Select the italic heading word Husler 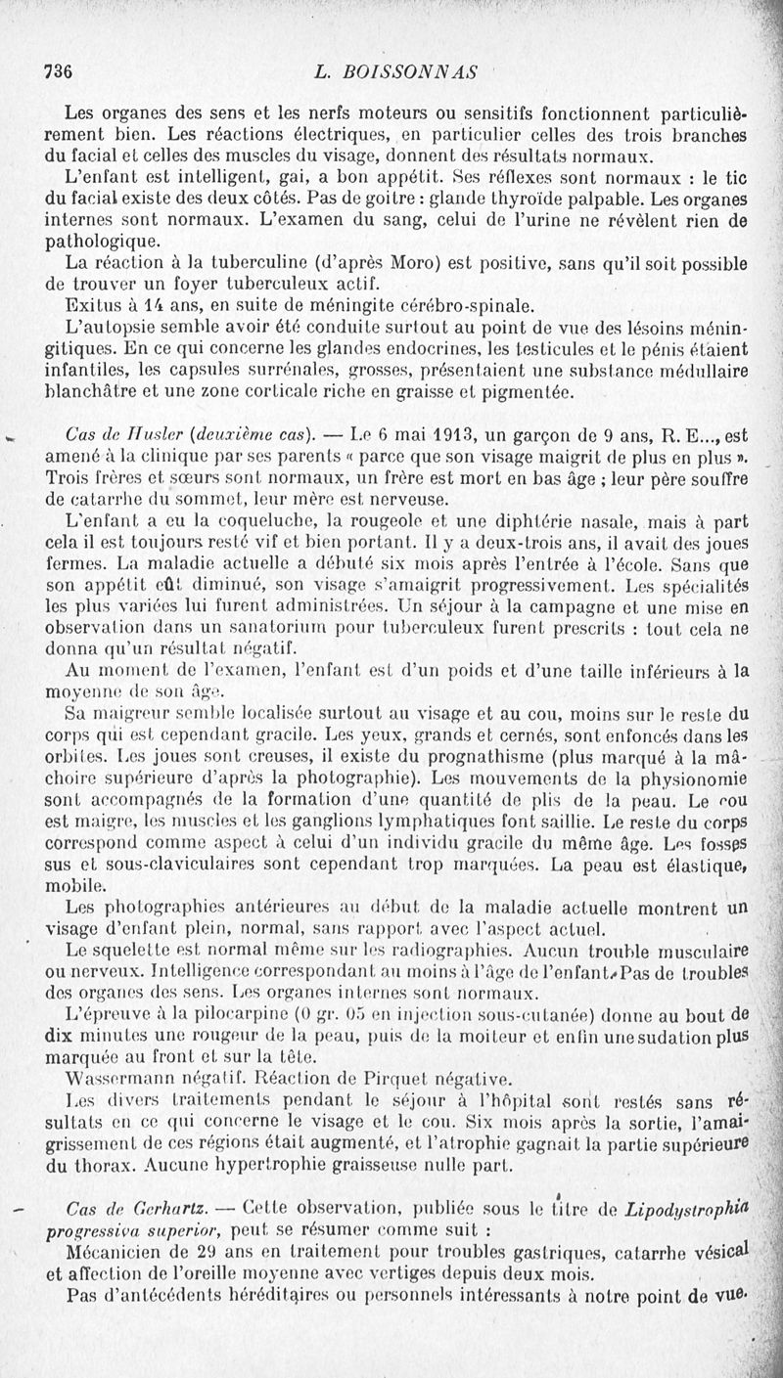[147, 435]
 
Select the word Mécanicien [115, 1252]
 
